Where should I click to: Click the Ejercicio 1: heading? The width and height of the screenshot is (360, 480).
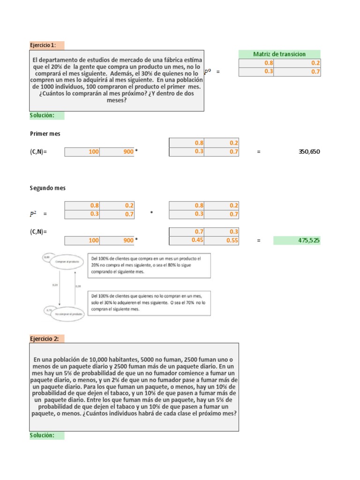point(43,45)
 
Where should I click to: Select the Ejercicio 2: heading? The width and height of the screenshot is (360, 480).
point(43,338)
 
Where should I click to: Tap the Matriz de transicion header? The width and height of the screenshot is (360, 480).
point(279,54)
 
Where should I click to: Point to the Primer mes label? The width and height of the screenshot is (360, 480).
point(45,134)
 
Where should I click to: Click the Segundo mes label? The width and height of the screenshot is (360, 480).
point(48,188)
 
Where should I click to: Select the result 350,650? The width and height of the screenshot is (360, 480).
point(309,152)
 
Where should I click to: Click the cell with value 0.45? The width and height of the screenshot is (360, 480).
point(187,240)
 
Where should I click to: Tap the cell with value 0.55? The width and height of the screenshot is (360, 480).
point(221,240)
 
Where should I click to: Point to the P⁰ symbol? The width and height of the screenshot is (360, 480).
point(208,72)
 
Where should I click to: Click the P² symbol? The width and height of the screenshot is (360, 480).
point(33,214)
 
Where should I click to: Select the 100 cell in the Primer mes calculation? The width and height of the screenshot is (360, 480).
point(82,152)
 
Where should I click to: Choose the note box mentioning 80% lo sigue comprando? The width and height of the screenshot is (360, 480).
point(149,265)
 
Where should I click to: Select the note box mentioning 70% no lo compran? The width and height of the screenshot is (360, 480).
point(149,303)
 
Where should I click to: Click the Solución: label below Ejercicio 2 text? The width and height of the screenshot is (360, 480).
point(42,435)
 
